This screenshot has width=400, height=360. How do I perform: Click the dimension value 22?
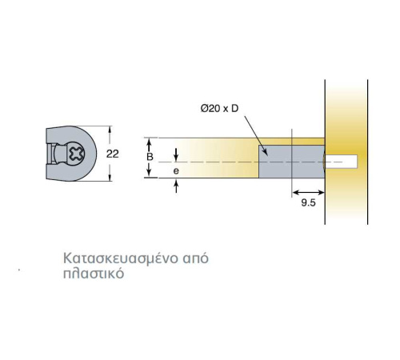tap(112, 154)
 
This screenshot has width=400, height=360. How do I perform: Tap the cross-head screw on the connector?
tap(76, 154)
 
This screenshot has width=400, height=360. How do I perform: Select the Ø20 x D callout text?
tap(219, 109)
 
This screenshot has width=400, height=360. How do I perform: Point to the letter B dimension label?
tap(150, 157)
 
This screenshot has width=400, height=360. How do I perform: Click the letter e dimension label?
tap(176, 170)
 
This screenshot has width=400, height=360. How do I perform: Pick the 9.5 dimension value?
tap(308, 202)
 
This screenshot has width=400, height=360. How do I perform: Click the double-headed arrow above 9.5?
tap(308, 192)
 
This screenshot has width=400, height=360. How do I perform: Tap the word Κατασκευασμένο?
tap(121, 258)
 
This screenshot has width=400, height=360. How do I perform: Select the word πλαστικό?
tap(94, 274)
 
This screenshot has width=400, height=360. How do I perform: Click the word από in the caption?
tap(196, 258)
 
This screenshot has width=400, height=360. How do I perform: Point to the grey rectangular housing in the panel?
tap(292, 162)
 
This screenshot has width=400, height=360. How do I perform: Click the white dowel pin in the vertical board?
tap(342, 162)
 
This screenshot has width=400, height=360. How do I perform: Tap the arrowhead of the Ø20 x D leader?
tap(265, 152)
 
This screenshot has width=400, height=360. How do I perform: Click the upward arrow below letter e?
tap(176, 186)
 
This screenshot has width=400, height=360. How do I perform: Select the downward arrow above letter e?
tap(176, 155)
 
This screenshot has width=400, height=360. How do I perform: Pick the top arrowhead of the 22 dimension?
tap(110, 130)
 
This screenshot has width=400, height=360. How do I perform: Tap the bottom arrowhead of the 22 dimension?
tap(110, 178)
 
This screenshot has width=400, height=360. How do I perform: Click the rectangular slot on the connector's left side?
tap(50, 154)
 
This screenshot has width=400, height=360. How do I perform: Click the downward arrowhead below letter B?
tap(150, 174)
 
